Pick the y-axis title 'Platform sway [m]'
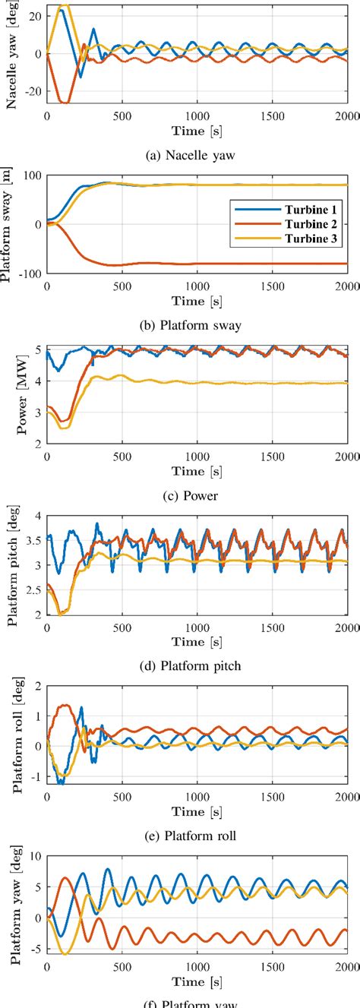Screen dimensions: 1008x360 coord(13,224)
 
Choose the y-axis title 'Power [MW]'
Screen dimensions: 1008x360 coord(13,395)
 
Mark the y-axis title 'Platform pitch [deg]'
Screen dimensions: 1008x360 coord(13,566)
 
